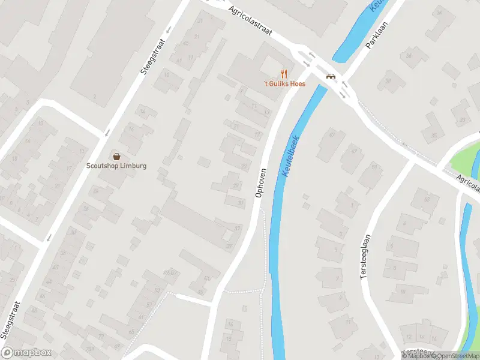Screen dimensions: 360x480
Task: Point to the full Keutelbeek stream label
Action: click(x=290, y=155)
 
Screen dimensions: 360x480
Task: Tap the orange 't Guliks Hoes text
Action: click(x=285, y=84)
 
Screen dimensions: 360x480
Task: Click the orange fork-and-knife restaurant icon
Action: click(x=284, y=74)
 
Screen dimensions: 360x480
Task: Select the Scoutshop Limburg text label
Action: click(x=116, y=166)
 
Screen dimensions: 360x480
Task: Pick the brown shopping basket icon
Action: click(x=116, y=156)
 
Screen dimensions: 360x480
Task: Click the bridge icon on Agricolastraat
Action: click(x=330, y=76)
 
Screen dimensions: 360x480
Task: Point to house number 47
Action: click(x=332, y=134)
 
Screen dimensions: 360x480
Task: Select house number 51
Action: click(x=374, y=166)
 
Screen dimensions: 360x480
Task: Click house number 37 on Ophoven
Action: click(x=238, y=229)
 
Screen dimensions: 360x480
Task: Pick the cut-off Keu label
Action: click(x=377, y=6)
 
